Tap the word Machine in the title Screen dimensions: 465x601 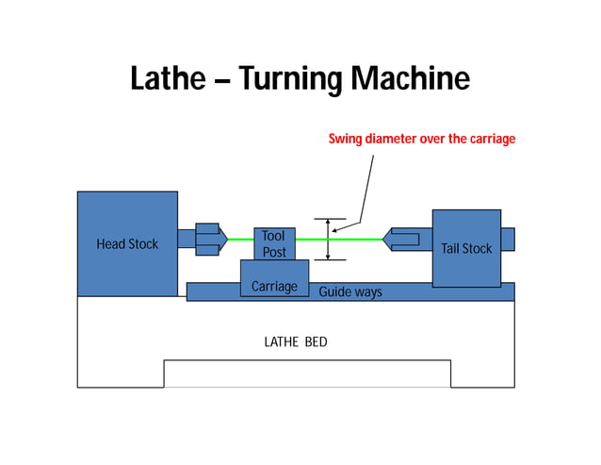[x=410, y=78]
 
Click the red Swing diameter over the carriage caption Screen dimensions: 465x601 [x=421, y=139]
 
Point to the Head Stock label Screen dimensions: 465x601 [x=127, y=244]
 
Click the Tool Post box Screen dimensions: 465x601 [x=274, y=243]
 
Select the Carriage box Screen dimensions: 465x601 [x=274, y=286]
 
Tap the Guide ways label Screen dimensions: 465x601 [x=350, y=292]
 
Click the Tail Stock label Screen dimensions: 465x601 [x=466, y=249]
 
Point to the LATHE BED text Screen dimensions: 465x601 [x=296, y=341]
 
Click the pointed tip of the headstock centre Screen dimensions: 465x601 [x=226, y=240]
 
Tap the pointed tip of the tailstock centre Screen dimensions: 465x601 [x=385, y=240]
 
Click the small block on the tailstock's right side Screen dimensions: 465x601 [x=508, y=240]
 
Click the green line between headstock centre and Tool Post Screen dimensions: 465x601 [x=241, y=240]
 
